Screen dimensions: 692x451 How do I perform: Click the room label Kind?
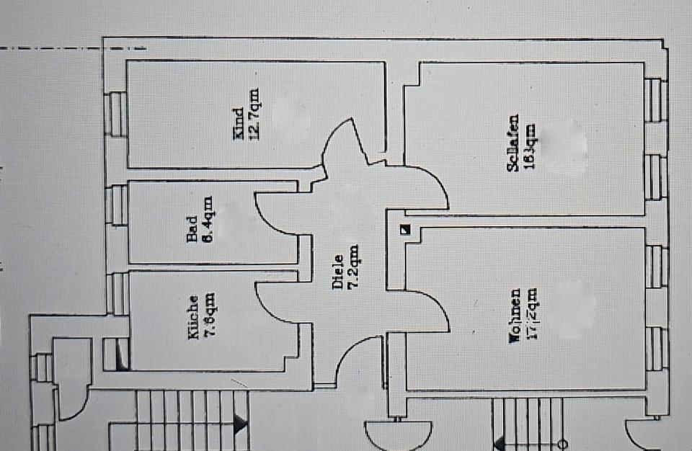click(239, 125)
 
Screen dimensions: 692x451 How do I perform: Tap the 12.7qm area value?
click(254, 114)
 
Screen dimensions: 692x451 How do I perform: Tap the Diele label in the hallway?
click(337, 273)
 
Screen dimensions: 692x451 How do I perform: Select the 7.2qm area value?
click(352, 267)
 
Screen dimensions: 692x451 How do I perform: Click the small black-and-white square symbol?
click(405, 231)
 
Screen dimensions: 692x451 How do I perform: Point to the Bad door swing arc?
click(274, 216)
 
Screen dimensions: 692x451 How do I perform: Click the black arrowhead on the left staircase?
click(240, 425)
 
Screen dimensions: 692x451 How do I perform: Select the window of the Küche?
click(116, 293)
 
